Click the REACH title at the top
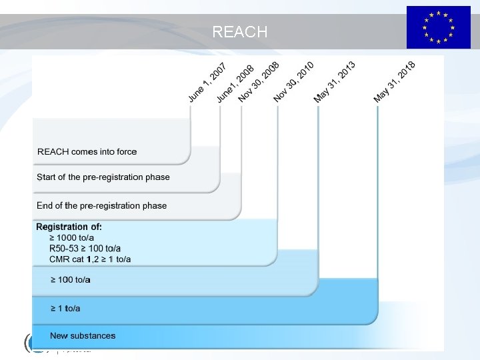pos(240,31)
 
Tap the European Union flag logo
pos(438,27)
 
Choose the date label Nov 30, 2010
pos(293,82)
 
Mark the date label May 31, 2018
pos(394,82)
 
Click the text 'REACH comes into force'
pos(87,152)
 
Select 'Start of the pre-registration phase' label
pos(103,177)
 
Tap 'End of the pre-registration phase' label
pos(102,205)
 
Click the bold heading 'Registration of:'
pos(69,227)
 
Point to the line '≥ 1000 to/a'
pos(75,238)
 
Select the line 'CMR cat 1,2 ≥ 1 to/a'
pos(90,259)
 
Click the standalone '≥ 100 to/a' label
pos(70,280)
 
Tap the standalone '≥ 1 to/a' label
pos(65,308)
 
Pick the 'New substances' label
pos(83,336)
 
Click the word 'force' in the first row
pos(126,152)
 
